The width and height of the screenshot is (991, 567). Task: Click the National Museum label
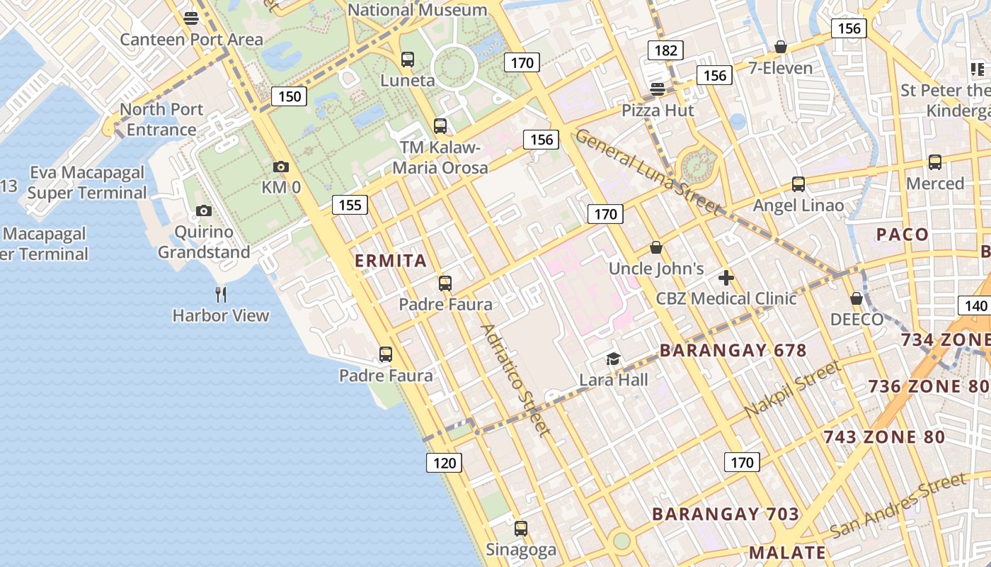tap(418, 10)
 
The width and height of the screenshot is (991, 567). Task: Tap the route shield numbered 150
tap(290, 96)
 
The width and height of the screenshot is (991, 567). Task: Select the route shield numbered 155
tap(350, 206)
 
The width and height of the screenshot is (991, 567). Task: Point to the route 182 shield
tap(665, 50)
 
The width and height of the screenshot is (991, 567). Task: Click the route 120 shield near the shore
tap(444, 464)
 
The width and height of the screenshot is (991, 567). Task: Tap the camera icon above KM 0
tap(281, 167)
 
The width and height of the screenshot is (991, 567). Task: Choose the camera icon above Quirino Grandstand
tap(204, 211)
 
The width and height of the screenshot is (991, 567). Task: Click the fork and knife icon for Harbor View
tap(221, 293)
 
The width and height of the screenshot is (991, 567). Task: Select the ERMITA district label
tap(391, 261)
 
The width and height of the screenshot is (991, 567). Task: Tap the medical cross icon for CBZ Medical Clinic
tap(726, 278)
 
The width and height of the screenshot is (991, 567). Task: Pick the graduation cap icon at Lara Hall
tap(613, 359)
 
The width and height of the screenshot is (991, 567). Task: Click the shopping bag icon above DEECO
tap(857, 298)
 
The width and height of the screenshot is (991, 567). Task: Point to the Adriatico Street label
tap(515, 380)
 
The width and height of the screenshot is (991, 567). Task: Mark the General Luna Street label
tap(648, 172)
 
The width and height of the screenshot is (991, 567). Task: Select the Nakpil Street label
tap(793, 389)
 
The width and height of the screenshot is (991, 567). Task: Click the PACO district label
tap(902, 235)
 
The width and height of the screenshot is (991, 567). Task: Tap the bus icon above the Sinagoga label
tap(521, 529)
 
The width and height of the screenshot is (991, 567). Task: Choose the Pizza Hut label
tap(658, 111)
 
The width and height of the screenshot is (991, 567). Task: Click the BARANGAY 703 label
tap(726, 515)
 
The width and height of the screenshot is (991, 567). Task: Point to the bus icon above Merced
tap(935, 162)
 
